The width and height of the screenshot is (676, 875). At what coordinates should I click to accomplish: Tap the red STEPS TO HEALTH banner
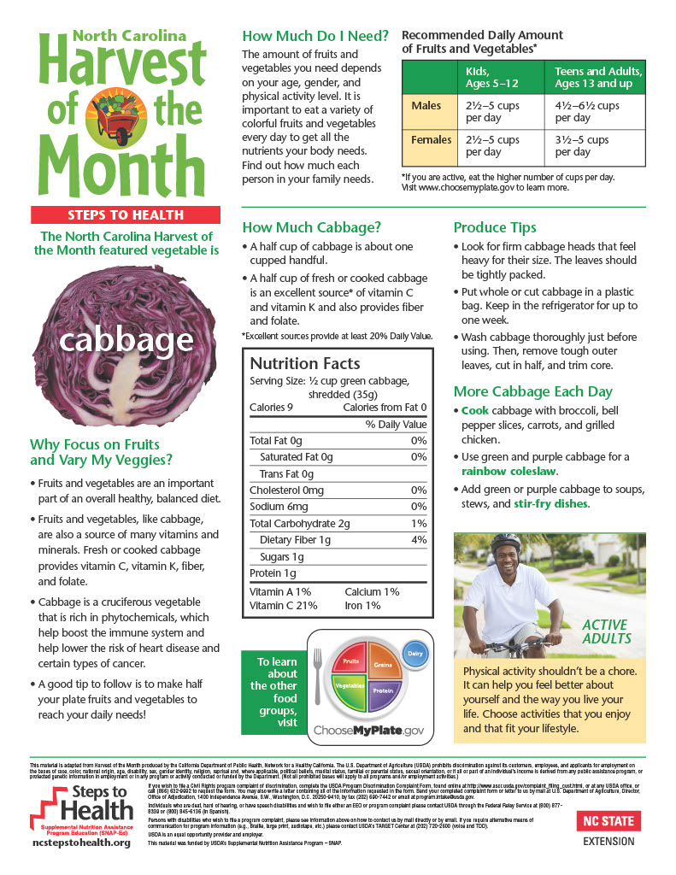[x=126, y=214]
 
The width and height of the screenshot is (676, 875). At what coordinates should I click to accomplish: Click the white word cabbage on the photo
[x=126, y=340]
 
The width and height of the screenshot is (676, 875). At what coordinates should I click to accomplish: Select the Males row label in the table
[x=426, y=106]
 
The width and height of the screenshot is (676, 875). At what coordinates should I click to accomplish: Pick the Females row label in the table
[x=432, y=139]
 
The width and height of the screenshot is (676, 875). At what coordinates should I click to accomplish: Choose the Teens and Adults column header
[x=598, y=78]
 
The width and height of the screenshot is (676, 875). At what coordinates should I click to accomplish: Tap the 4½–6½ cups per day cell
[x=587, y=112]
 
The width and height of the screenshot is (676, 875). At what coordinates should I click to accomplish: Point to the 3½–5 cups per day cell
[x=582, y=145]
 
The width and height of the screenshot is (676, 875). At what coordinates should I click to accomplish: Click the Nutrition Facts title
[x=305, y=363]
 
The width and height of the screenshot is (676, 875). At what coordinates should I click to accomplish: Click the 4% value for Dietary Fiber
[x=418, y=540]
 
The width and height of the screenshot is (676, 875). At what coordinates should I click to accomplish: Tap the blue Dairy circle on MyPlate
[x=414, y=654]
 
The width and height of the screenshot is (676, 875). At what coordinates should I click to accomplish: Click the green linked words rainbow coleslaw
[x=509, y=471]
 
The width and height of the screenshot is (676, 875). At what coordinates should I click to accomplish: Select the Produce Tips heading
[x=495, y=227]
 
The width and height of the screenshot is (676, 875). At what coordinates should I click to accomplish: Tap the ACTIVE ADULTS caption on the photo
[x=606, y=631]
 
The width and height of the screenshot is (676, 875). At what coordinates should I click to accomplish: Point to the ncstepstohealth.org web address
[x=81, y=843]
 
